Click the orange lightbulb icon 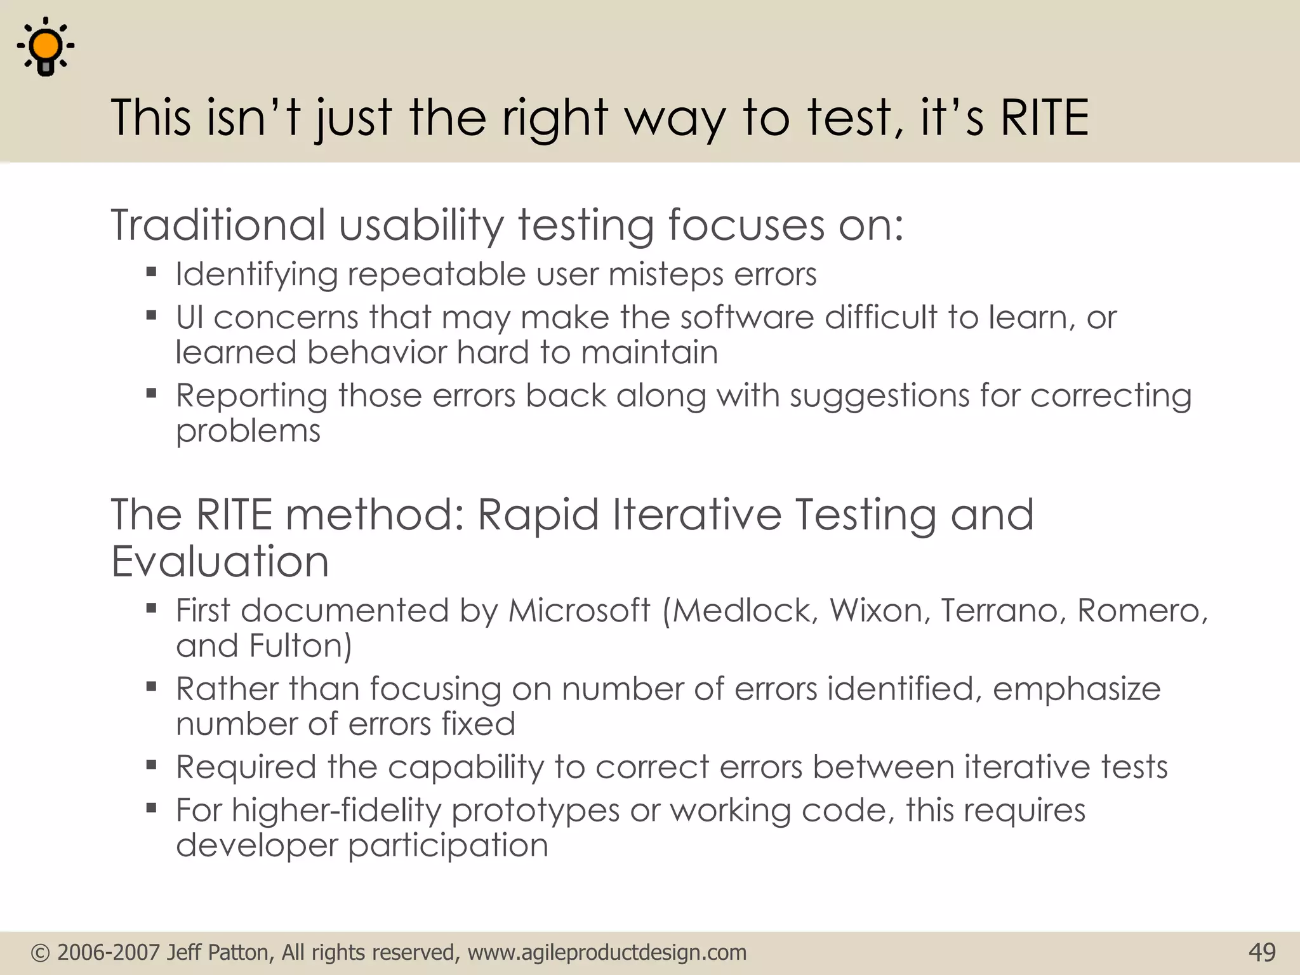pos(46,48)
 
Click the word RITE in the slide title pos(1044,118)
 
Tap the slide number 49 pos(1261,952)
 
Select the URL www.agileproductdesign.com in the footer pos(607,953)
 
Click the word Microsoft pos(579,611)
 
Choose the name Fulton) pos(300,646)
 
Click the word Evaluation pos(220,562)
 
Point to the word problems pos(248,431)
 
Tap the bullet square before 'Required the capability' pos(151,765)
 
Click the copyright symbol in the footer pos(40,953)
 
